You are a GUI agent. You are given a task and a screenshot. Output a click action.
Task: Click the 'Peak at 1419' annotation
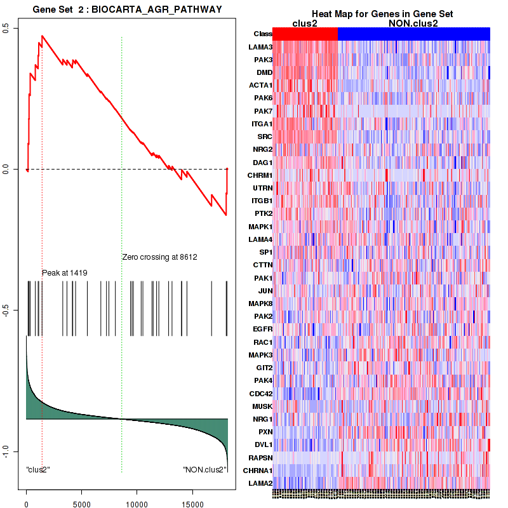[64, 273]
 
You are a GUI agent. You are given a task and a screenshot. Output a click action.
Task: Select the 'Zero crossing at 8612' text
[159, 257]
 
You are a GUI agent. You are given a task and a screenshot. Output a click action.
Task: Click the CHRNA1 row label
[259, 470]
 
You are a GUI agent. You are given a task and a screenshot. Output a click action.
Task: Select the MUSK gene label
[262, 406]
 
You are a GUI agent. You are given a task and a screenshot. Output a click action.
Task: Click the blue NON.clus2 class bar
[413, 34]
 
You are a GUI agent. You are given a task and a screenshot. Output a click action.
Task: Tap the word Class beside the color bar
[263, 34]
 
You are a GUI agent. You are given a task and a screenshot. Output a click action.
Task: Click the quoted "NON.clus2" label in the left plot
[204, 471]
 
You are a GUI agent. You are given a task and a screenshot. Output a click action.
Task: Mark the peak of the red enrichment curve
[42, 36]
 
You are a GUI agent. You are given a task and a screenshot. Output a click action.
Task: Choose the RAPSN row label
[261, 457]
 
